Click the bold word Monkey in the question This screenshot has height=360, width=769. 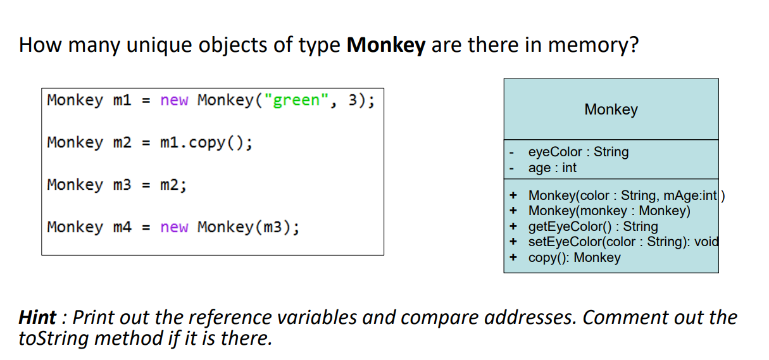pos(386,46)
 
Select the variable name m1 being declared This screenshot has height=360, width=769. pos(122,101)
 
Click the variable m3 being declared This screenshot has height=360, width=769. pos(122,185)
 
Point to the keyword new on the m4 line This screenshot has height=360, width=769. pos(174,227)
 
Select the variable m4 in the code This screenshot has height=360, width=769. pos(122,227)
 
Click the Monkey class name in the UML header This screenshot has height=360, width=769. pos(611,109)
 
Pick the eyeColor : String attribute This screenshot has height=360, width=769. pos(578,152)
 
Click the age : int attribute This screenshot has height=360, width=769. pos(553,168)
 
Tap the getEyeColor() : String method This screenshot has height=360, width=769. pos(593,227)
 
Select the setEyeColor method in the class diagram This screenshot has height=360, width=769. pos(623,242)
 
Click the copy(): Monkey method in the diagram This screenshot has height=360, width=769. pos(574,258)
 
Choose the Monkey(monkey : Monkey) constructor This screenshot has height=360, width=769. pos(609,211)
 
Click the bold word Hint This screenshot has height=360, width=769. pos(37,317)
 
